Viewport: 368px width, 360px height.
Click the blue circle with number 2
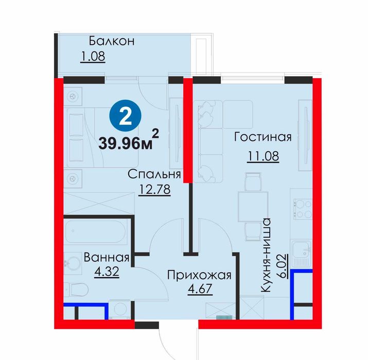(x=126, y=116)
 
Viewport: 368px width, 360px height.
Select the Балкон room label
(x=112, y=41)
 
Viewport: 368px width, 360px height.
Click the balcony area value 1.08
(x=93, y=57)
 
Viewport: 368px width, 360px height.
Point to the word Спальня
(x=154, y=174)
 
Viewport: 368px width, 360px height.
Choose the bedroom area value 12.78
(x=155, y=189)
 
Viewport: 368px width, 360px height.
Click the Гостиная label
(x=263, y=137)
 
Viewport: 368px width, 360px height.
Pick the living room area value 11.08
(x=263, y=156)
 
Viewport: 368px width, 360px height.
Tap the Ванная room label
(x=107, y=257)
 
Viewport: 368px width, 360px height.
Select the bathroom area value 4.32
(x=107, y=272)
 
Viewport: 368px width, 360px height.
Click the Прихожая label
(x=199, y=275)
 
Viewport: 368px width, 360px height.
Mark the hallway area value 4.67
(x=200, y=289)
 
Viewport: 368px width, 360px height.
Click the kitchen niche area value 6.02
(x=283, y=266)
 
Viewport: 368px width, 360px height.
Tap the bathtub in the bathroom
(x=96, y=232)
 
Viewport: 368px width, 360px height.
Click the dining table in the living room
(x=253, y=206)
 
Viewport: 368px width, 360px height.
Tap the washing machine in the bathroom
(x=120, y=310)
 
